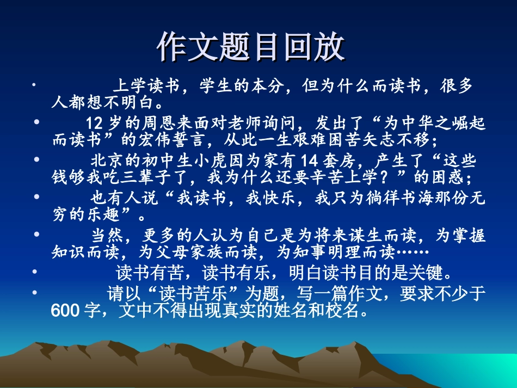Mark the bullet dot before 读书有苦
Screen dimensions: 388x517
click(x=36, y=271)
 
